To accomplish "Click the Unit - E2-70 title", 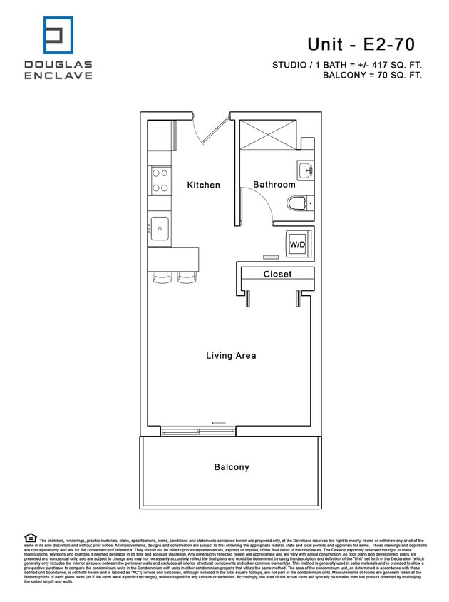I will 361,44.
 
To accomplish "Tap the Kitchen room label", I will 203,185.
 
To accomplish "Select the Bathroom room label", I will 274,185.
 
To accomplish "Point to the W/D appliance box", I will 297,243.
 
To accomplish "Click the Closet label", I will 277,274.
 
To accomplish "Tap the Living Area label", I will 230,355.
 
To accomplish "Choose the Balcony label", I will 232,467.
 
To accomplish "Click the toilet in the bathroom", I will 299,205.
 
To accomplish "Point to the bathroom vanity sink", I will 304,170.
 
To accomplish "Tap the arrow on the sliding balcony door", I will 219,423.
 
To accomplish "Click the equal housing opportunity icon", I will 30,537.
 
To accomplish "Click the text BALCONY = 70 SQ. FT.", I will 372,75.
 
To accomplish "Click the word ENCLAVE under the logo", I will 58,76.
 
